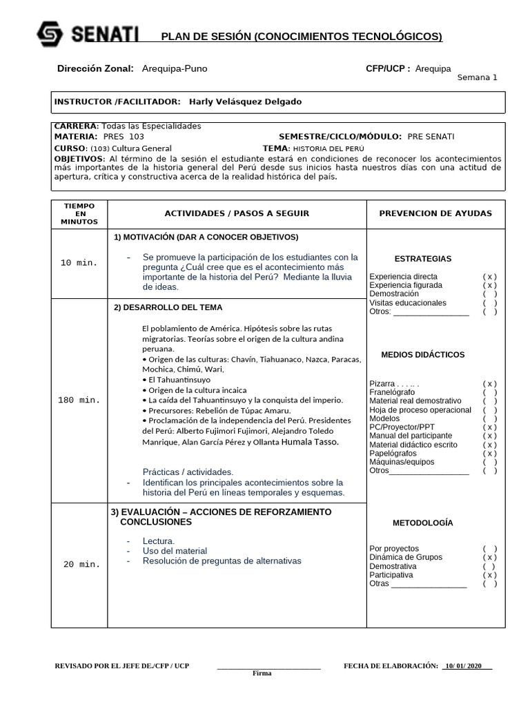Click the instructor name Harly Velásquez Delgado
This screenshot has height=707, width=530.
pos(244,101)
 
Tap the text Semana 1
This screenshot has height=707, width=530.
pos(477,77)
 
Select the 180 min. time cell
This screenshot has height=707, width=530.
pos(79,400)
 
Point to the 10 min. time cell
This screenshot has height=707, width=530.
pos(79,263)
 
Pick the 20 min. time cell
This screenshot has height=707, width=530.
pos(82,564)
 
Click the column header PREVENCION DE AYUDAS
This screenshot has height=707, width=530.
pos(435,213)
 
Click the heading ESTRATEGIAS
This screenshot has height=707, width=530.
pos(423,259)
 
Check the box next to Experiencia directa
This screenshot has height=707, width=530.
pos(490,276)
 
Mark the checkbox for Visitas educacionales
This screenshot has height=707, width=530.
pos(490,302)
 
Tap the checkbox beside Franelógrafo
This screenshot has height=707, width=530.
pos(490,392)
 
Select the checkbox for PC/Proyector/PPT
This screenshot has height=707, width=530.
pos(490,427)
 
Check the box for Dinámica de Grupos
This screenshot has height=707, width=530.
pos(490,557)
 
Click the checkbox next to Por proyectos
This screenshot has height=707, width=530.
pos(490,549)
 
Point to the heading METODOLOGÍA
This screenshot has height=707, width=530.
pos(423,523)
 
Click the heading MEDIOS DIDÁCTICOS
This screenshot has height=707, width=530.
pos(423,355)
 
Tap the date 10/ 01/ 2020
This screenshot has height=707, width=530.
pos(468,666)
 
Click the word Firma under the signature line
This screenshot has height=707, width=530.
pos(262,673)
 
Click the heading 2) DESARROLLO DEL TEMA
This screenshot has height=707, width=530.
pos(168,307)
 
